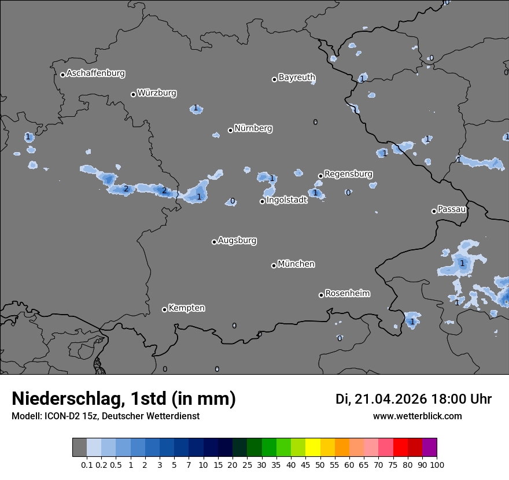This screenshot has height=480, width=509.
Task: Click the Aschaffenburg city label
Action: coord(95,73)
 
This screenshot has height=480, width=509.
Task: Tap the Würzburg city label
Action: coord(157,93)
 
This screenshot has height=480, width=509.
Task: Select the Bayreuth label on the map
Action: coord(297,77)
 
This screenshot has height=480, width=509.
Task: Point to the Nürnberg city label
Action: coord(253,128)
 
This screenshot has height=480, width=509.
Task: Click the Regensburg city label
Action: coord(348,174)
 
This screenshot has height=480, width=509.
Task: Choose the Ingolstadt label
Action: coord(286,201)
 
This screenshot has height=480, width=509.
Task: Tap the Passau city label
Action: coord(452,209)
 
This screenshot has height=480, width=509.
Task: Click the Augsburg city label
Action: coord(237,241)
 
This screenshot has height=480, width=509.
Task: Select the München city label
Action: coord(296,264)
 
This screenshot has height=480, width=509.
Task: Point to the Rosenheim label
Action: coord(347,294)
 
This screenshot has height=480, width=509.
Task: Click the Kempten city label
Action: coord(186,308)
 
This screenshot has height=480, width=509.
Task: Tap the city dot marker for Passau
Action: coord(434,211)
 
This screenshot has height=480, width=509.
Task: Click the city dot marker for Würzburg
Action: coord(133,94)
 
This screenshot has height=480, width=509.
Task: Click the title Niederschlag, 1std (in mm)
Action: coord(124,399)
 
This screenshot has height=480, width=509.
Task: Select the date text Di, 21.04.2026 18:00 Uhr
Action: coord(414,399)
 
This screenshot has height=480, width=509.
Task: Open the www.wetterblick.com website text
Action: coord(417,416)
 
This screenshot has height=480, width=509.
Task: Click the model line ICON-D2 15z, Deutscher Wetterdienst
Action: coord(105,416)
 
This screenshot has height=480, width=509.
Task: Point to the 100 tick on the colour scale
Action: coord(437,464)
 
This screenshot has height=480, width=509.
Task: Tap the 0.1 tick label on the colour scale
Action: coord(87,464)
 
